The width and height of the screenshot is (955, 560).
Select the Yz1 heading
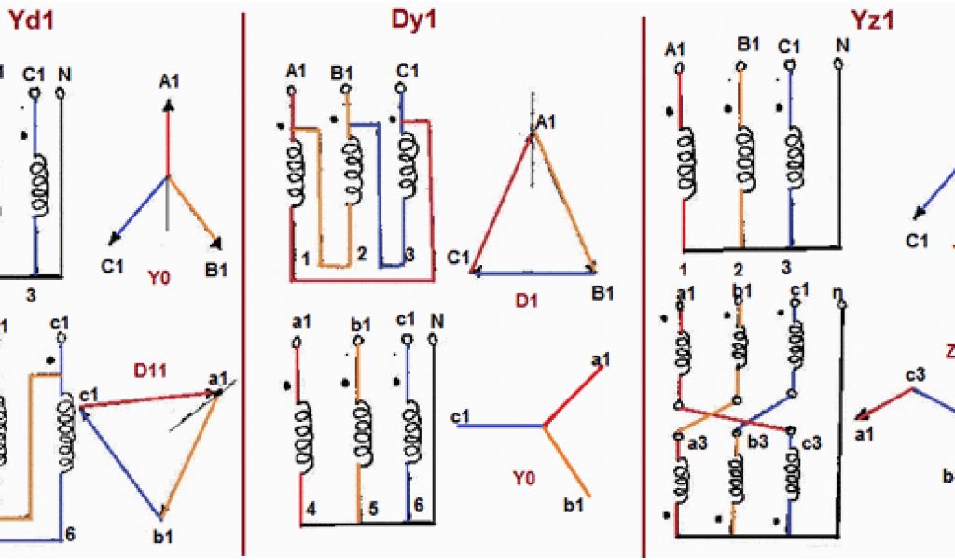click(866, 20)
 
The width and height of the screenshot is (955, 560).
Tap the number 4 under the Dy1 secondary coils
click(310, 510)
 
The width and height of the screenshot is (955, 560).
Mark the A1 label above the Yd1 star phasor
click(169, 82)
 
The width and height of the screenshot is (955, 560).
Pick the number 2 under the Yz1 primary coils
click(737, 268)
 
